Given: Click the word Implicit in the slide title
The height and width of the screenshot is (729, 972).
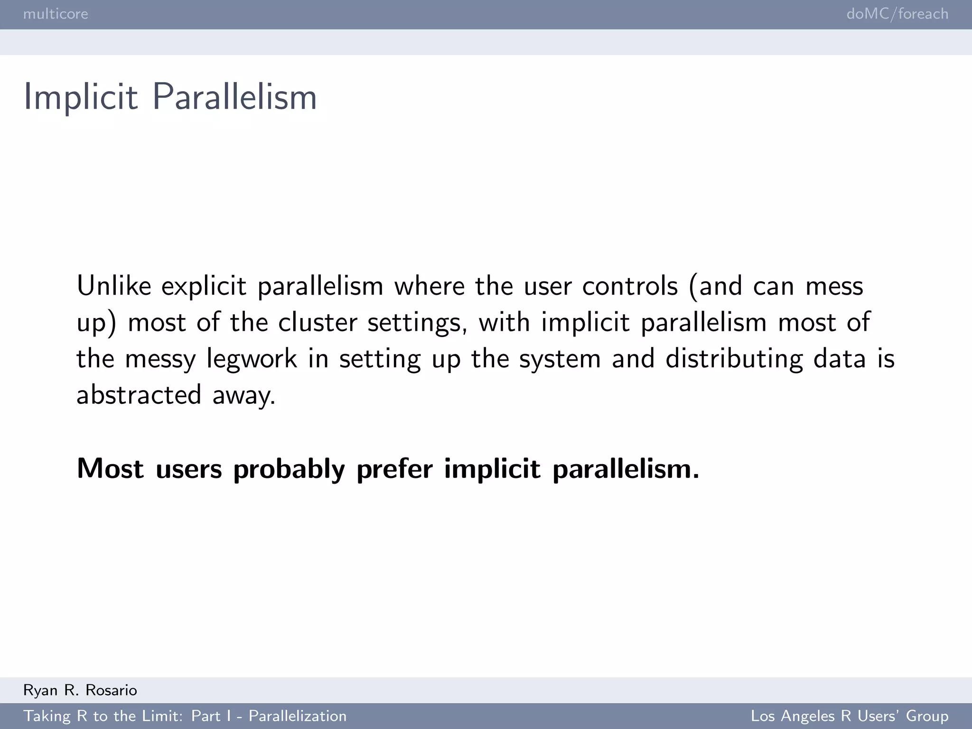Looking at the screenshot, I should click(x=81, y=97).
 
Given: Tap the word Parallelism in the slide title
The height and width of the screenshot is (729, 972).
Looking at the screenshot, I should click(x=234, y=97).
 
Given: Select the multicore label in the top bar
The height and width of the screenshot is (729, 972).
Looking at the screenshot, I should click(x=56, y=14).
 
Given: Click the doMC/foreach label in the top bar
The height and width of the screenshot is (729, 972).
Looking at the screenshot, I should click(x=897, y=14).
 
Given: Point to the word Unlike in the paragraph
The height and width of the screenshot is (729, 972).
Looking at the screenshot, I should click(x=114, y=286).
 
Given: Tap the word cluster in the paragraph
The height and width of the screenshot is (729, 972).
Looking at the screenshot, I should click(x=318, y=323).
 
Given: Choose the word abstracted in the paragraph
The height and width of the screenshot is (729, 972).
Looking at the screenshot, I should click(x=139, y=395).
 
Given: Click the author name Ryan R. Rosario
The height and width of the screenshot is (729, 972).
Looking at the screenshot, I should click(x=80, y=690).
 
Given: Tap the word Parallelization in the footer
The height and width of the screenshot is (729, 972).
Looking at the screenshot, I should click(x=298, y=716).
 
